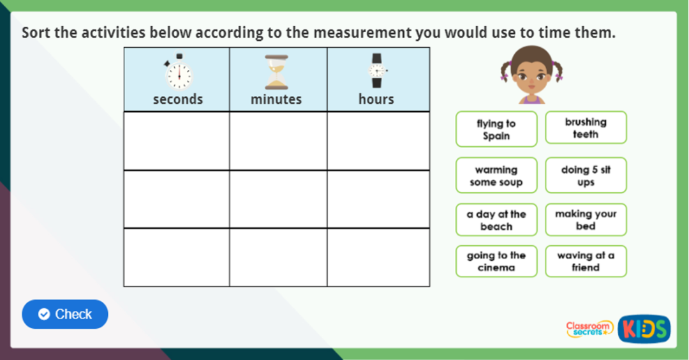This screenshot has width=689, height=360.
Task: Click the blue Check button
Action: point(65,314)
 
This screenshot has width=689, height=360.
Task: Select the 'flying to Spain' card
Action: point(496,130)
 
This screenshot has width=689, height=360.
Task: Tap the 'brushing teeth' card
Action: point(586,128)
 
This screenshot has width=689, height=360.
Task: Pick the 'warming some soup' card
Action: point(496,176)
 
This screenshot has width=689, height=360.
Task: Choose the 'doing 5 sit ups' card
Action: point(586,176)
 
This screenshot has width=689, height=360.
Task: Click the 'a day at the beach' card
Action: point(496,220)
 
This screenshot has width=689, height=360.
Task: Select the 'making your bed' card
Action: point(586,220)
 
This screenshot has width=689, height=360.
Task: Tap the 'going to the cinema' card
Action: point(496,261)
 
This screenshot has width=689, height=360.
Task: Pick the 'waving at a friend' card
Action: point(586,261)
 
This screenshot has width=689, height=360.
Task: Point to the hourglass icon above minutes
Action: point(276,72)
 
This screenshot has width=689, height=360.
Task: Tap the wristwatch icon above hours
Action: point(376,71)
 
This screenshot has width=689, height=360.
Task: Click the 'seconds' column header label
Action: point(177,100)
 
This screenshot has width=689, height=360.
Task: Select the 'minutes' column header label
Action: point(276,100)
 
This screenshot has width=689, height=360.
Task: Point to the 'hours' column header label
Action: point(376,100)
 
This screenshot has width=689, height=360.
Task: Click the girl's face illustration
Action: point(531,75)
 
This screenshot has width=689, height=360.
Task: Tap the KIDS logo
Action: point(644,329)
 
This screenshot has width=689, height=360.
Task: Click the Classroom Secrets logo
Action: point(589,329)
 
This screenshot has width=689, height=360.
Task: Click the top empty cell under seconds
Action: point(177,141)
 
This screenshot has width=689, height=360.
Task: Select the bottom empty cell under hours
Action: point(378,257)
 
